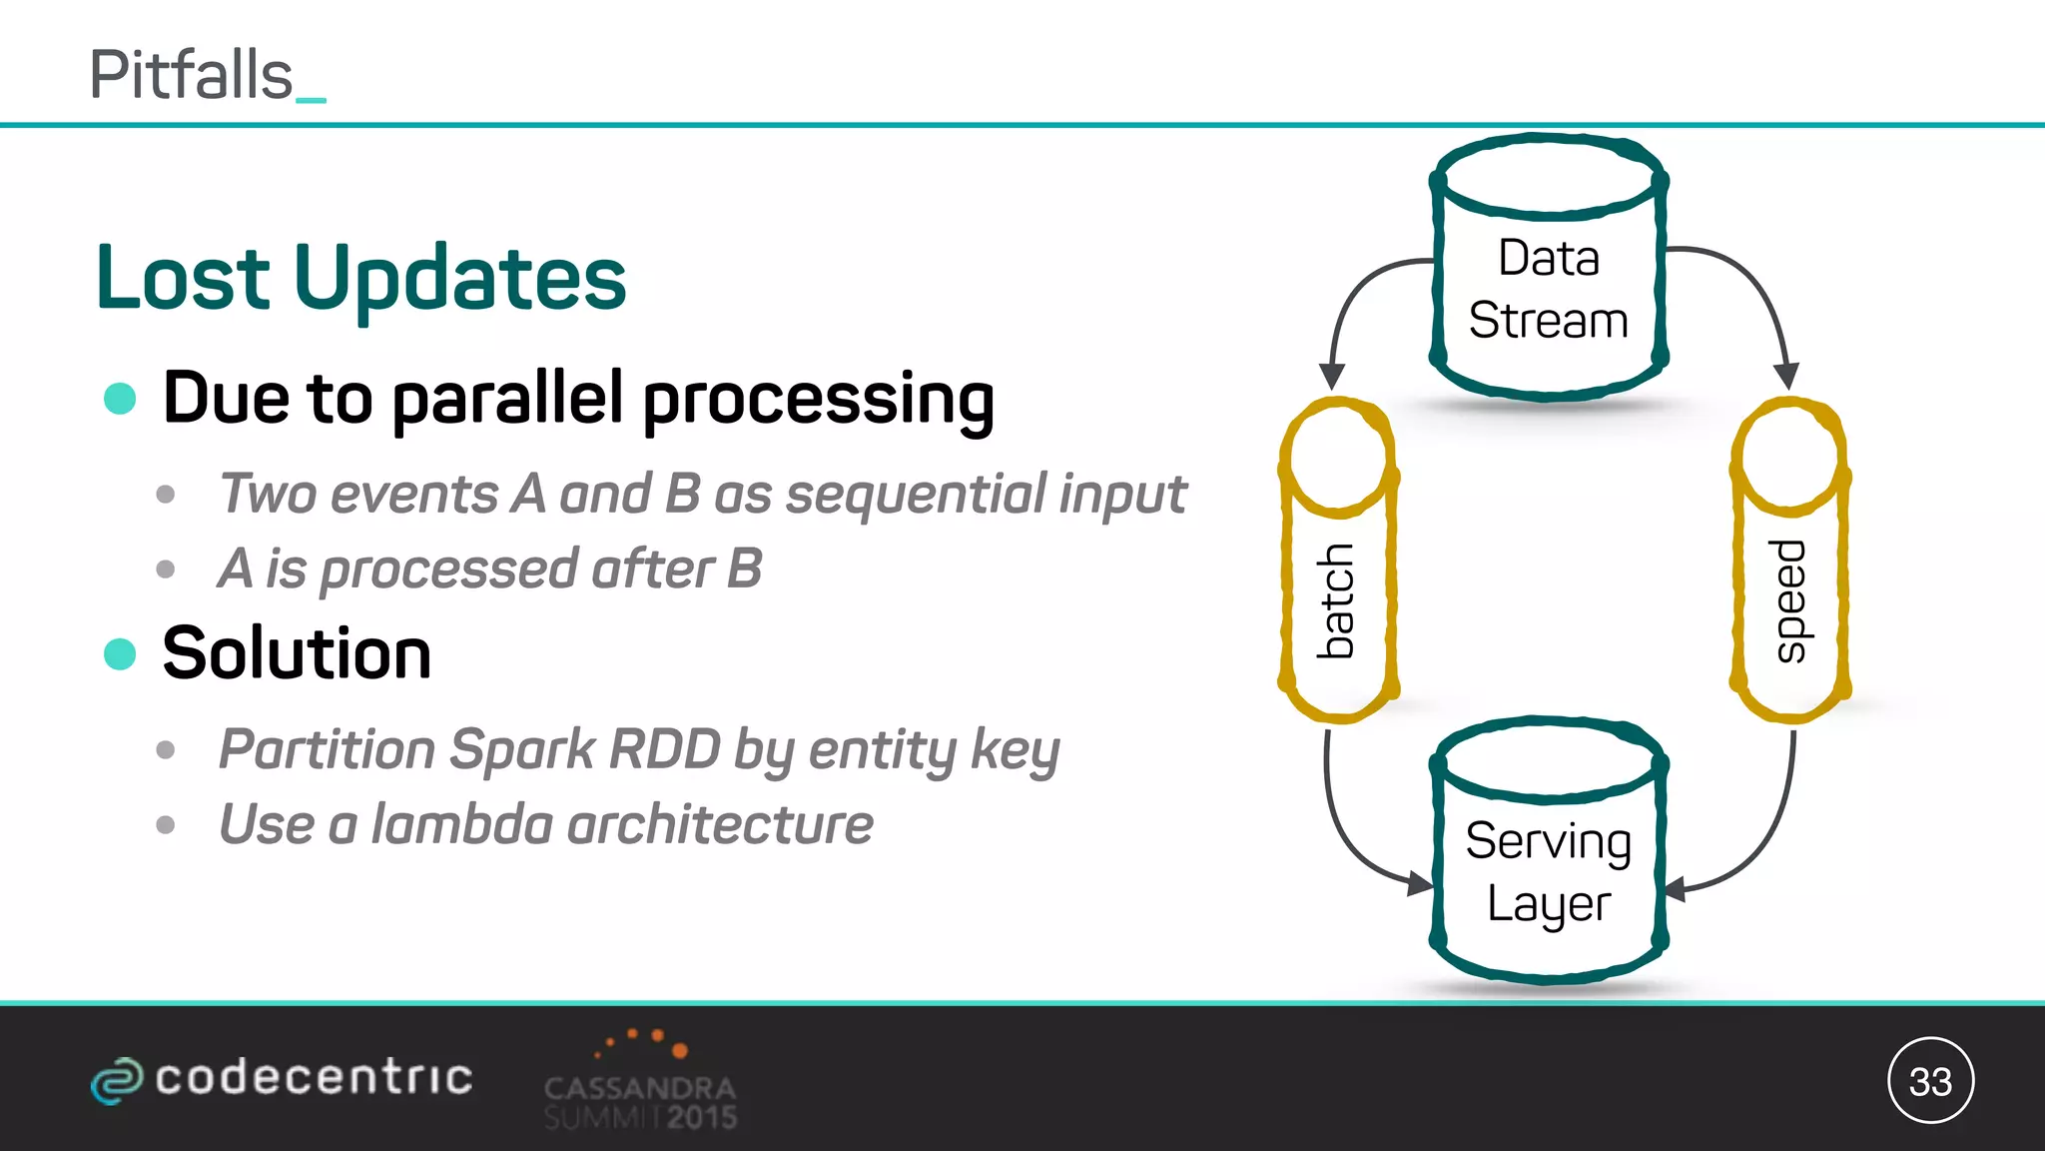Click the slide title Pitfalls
192,76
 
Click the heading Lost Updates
360,278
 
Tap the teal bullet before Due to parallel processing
120,398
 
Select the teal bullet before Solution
120,654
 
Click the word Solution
297,653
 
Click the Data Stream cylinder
1549,290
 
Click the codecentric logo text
313,1078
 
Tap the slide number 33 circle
1930,1081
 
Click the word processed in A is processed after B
448,570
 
